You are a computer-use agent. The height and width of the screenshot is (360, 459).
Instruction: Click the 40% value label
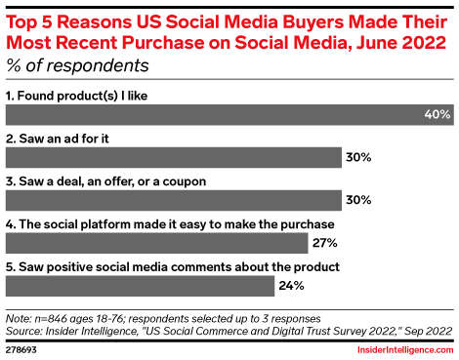point(437,114)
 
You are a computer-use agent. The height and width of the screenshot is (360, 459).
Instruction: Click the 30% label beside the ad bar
point(357,157)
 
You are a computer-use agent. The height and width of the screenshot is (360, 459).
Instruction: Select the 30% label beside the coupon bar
point(357,199)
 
